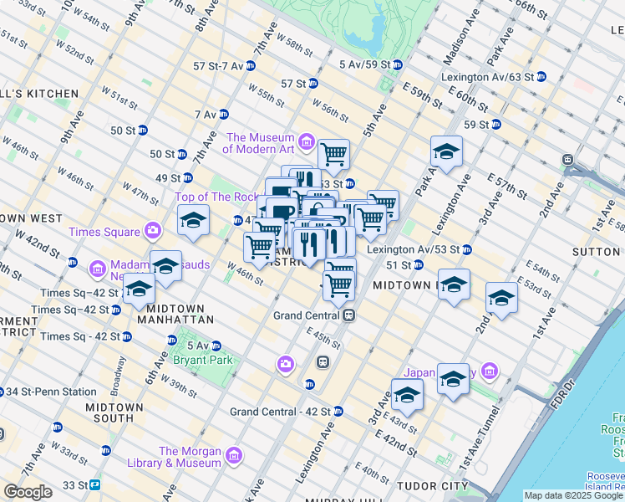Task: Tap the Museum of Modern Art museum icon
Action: point(307,144)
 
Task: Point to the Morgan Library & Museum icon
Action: point(233,456)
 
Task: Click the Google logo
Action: point(28,492)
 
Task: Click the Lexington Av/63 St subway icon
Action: point(541,76)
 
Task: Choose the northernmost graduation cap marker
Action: point(446,151)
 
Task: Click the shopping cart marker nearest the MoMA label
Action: point(333,153)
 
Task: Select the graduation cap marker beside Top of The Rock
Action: point(193,221)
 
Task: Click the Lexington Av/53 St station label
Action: point(413,249)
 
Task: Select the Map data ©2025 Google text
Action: point(573,495)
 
